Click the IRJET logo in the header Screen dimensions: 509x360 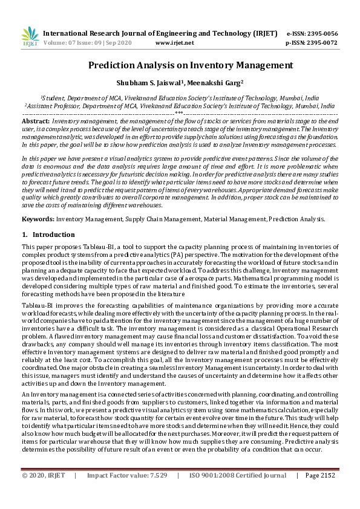[x=30, y=37]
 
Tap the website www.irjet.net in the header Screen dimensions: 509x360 [x=175, y=44]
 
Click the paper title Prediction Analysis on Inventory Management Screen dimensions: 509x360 [x=180, y=65]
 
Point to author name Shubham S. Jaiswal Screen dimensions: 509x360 [x=152, y=83]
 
